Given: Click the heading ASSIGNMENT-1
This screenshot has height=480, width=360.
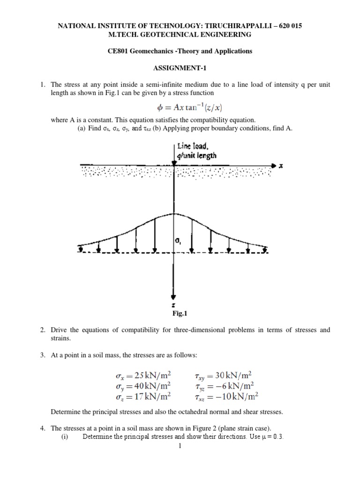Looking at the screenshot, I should click(x=180, y=67).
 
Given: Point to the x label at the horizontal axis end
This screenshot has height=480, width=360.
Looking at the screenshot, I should click(x=279, y=165).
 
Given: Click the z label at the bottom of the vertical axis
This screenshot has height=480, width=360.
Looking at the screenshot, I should click(x=173, y=304).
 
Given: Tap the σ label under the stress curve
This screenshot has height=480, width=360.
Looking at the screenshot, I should click(x=179, y=241).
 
